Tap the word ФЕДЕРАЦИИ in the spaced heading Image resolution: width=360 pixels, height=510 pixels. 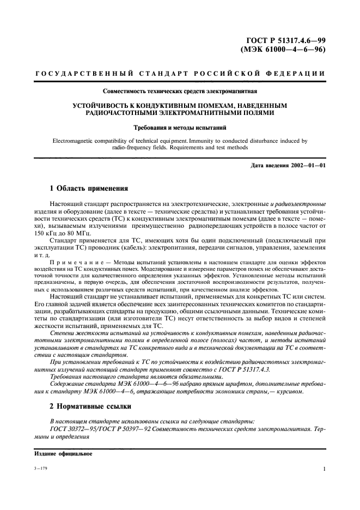(x=298, y=74)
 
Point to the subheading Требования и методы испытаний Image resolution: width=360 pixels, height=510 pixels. (x=179, y=129)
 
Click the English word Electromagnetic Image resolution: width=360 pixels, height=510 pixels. (x=77, y=141)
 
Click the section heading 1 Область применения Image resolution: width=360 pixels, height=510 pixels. (x=89, y=189)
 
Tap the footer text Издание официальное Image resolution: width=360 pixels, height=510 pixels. (x=56, y=453)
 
